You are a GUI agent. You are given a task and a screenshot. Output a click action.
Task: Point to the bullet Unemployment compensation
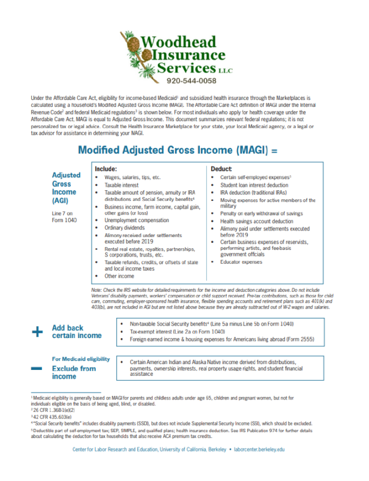[x=135, y=220]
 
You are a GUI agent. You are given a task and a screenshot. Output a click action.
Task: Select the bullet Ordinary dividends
[x=125, y=227]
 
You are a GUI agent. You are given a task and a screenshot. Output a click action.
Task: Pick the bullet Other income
[x=119, y=276]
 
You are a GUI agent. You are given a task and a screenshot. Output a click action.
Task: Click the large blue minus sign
[x=37, y=368]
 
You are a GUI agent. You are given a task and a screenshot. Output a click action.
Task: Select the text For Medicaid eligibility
[x=80, y=359]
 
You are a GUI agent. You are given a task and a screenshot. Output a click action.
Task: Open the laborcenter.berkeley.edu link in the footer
[x=260, y=449]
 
